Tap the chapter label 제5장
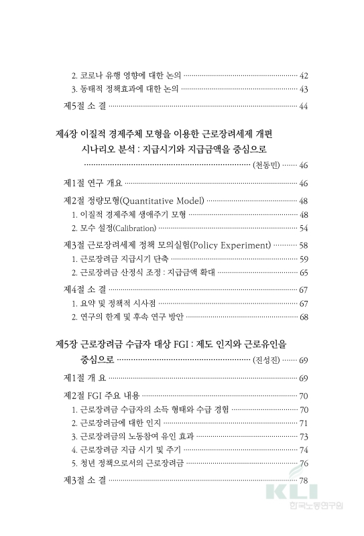pos(67,344)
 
